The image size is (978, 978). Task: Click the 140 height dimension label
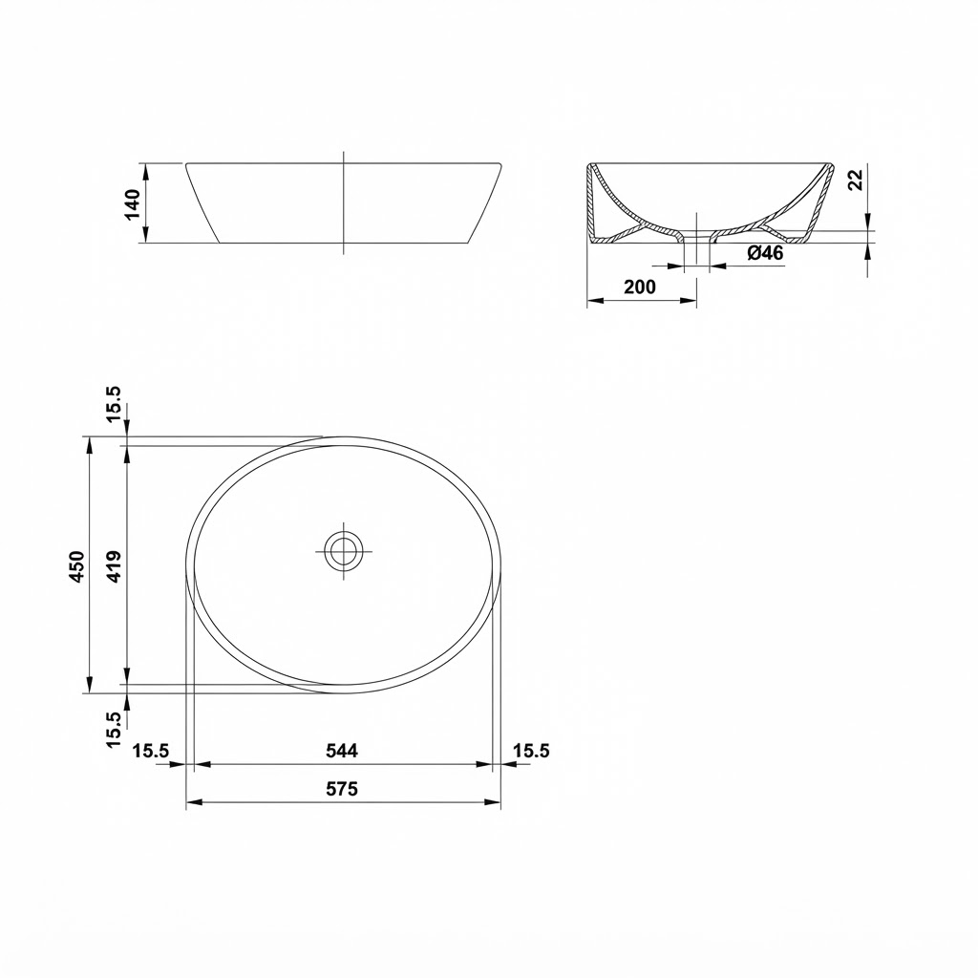(x=133, y=204)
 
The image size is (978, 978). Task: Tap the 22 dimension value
(x=857, y=180)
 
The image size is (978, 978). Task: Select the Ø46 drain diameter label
(x=765, y=252)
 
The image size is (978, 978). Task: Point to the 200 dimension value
(x=640, y=287)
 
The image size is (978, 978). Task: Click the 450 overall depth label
(x=76, y=566)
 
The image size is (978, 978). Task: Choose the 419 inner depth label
(x=115, y=566)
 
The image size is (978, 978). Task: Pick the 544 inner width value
(x=342, y=751)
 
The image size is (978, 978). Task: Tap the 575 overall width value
(x=342, y=789)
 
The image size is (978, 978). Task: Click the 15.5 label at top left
(x=115, y=404)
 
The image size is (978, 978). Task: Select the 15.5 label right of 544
(x=531, y=751)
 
